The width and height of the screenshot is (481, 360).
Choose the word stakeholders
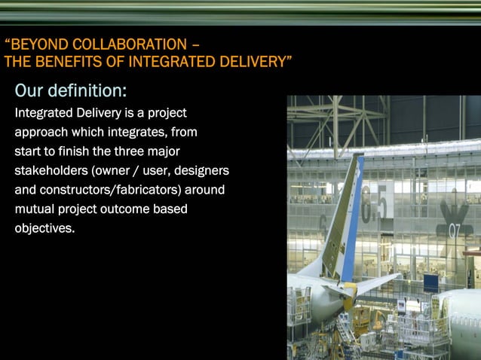(51, 171)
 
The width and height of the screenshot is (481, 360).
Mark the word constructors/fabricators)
(108, 190)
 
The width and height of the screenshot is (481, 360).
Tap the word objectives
(44, 227)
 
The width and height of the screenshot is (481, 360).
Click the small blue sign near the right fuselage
(430, 283)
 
